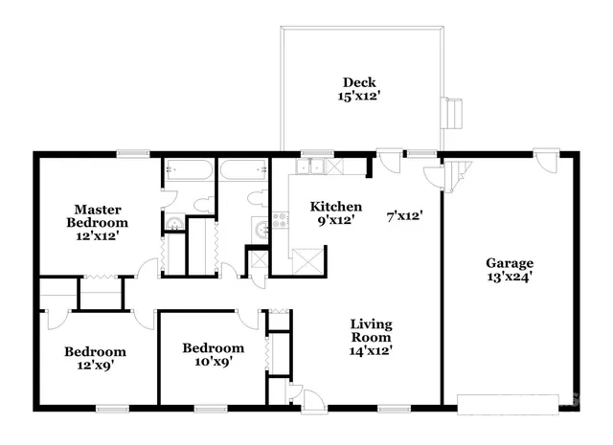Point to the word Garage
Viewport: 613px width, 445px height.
(509, 263)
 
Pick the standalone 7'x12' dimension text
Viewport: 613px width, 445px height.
(404, 215)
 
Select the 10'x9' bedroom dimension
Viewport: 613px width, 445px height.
(213, 362)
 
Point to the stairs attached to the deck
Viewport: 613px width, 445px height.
(451, 113)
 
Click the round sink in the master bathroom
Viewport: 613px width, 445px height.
(173, 226)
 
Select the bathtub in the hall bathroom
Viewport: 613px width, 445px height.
(243, 171)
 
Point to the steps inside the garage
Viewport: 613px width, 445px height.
(461, 173)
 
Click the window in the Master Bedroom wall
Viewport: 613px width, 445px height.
(133, 153)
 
